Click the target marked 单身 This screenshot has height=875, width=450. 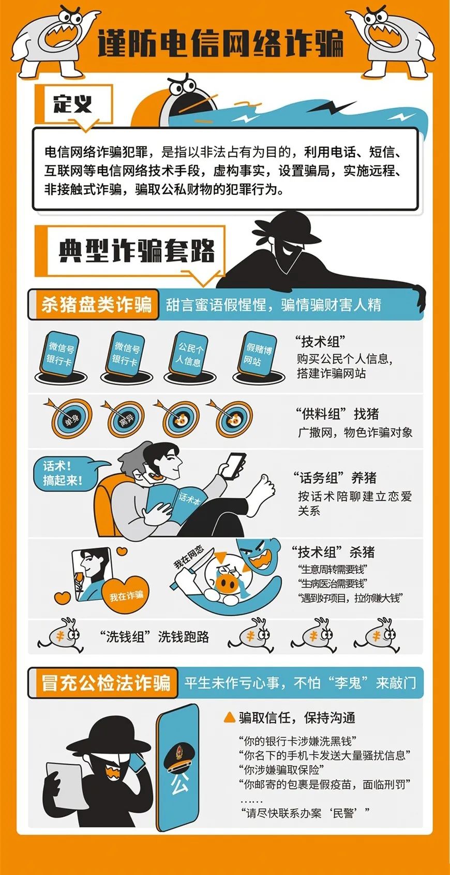70,418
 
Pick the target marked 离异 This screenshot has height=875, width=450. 126,419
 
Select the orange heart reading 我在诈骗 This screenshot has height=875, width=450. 126,595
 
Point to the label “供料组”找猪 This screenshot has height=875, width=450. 337,414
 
